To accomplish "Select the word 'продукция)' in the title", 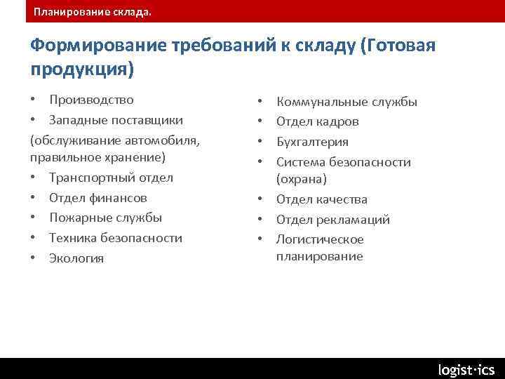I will (x=82, y=69).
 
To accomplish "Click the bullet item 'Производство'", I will (x=91, y=100).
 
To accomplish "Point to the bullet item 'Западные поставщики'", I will (x=116, y=120).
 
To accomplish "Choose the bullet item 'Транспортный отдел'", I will (x=111, y=178).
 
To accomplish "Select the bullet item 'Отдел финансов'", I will (x=97, y=198).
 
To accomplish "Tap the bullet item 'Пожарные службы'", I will (x=105, y=218).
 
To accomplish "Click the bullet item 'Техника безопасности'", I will (x=115, y=238).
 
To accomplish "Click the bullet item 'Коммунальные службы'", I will (x=346, y=102).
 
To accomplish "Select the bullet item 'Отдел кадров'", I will (x=317, y=122).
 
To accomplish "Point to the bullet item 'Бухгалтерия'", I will (x=312, y=142).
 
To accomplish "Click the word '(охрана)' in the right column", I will (x=302, y=179).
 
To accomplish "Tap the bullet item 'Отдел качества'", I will (x=321, y=199).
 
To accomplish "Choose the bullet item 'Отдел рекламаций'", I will (x=332, y=220).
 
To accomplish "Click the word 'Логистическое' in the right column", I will (x=320, y=239).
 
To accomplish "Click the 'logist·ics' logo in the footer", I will (x=466, y=369).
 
